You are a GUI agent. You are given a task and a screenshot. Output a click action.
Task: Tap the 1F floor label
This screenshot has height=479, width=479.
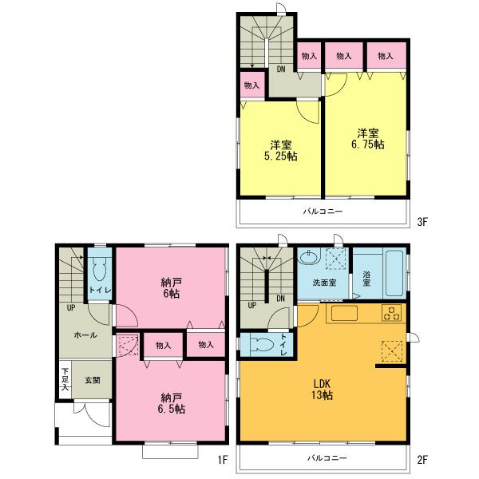coord(224,459)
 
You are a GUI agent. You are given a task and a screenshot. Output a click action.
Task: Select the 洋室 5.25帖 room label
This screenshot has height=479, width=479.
coord(280,151)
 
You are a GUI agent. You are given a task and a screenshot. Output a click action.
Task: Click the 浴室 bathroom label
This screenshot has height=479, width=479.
coord(366,279)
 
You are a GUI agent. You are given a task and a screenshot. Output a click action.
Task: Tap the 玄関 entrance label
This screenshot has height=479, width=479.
coord(93,380)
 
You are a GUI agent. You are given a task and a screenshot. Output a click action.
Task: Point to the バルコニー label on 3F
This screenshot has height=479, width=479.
coord(323,212)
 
